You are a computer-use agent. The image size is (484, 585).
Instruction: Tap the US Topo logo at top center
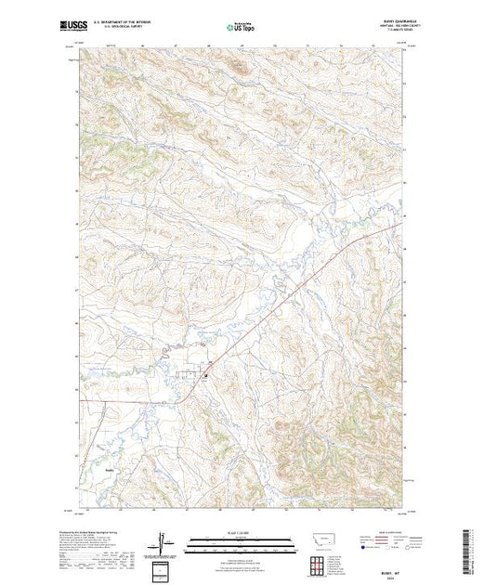[x=242, y=29]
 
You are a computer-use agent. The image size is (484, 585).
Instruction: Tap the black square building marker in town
[x=205, y=375]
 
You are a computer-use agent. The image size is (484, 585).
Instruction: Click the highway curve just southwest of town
[x=190, y=389]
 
